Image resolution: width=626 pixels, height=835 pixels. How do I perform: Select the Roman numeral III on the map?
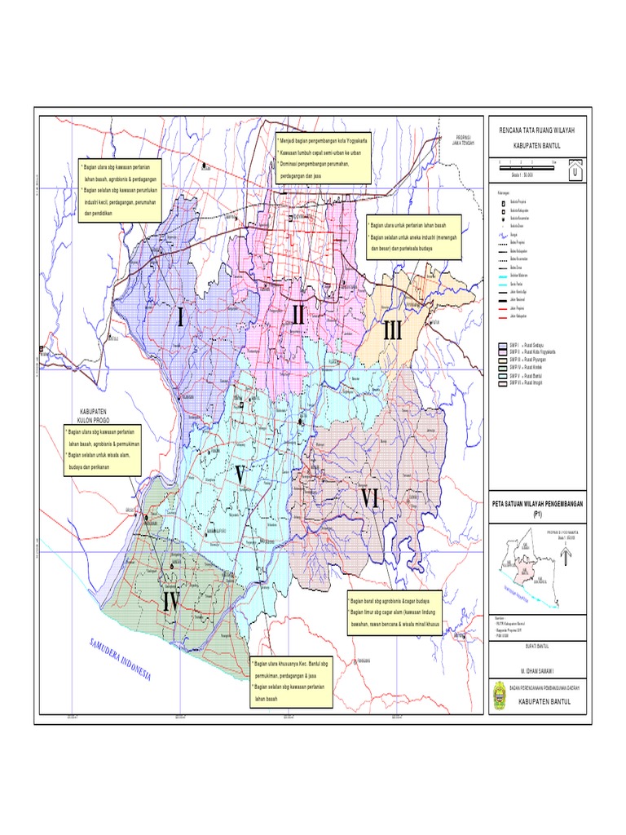point(393,332)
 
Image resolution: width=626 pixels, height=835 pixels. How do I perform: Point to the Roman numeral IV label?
point(170,601)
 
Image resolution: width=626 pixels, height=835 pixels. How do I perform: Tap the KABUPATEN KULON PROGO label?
point(99,415)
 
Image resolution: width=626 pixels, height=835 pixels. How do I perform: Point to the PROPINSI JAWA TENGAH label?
point(463,139)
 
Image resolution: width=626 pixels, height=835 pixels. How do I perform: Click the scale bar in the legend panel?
point(526,164)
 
